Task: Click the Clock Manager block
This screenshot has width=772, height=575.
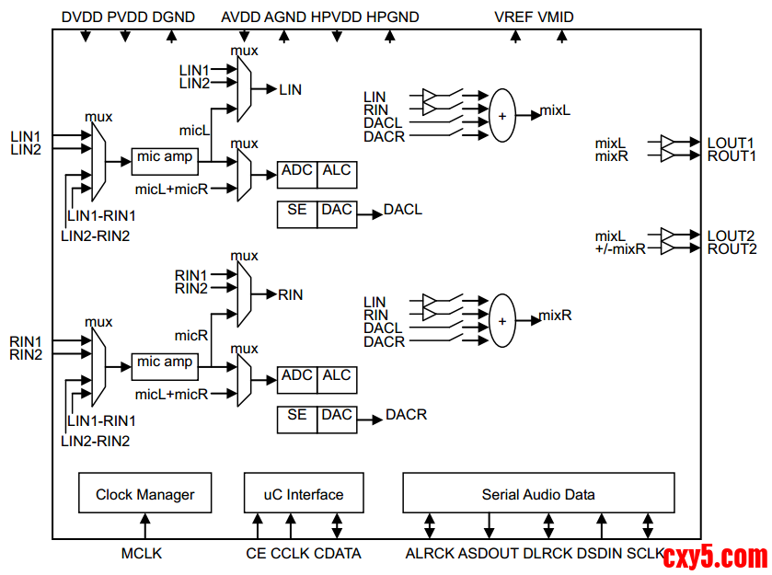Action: pos(144,494)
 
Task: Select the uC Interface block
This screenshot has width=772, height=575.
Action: pos(303,494)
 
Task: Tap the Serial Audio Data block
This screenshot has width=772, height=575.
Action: pos(538,494)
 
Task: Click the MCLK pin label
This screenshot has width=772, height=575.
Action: pos(142,553)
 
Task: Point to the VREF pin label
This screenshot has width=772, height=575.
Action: pos(513,17)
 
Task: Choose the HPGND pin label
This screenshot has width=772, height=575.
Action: pos(393,17)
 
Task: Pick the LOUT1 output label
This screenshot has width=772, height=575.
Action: pos(731,144)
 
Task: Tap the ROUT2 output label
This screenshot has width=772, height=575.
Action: pos(732,248)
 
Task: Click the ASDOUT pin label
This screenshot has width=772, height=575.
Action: pos(488,553)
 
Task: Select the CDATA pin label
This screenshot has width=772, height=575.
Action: pos(338,553)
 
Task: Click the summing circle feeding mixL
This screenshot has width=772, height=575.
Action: pos(502,116)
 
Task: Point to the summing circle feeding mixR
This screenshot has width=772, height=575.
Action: pos(502,321)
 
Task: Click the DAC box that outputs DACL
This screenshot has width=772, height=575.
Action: pos(337,211)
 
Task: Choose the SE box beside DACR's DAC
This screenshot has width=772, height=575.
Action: pos(296,416)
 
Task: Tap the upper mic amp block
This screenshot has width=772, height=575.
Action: pos(165,158)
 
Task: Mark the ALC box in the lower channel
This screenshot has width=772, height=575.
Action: pos(337,376)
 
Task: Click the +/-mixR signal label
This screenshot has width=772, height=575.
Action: pos(620,249)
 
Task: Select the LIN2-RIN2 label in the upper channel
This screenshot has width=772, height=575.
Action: pos(95,236)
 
